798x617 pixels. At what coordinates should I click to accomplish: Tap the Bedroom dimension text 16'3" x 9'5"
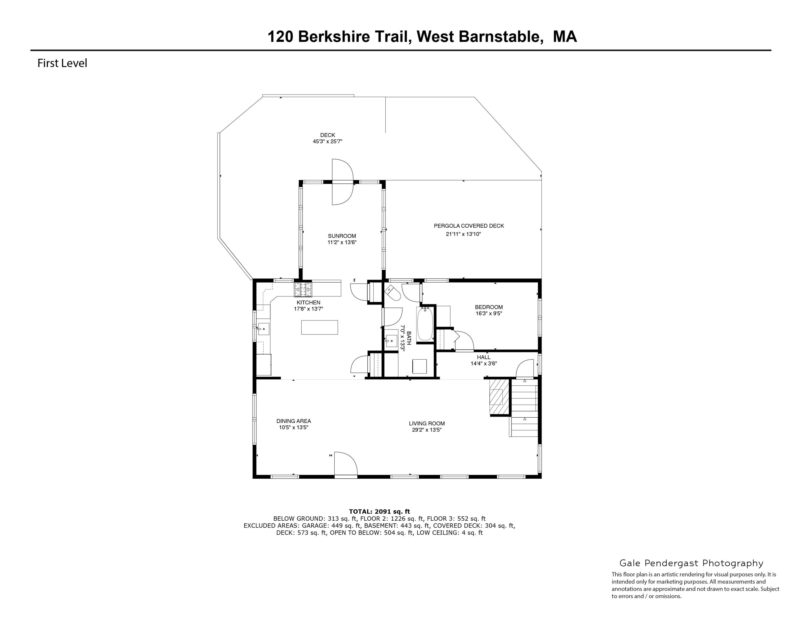tap(489, 313)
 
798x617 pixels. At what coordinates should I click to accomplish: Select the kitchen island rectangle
tap(319, 327)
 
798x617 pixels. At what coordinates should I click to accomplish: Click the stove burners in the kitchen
tap(303, 290)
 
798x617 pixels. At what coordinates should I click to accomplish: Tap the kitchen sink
tap(263, 329)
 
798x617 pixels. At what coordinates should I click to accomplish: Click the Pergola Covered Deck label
tap(469, 226)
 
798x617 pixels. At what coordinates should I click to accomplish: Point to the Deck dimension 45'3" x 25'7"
tap(327, 141)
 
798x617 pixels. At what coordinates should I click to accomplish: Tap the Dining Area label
tap(293, 421)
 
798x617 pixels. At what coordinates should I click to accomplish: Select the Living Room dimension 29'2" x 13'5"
tap(427, 430)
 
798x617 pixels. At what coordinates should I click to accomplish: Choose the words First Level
tap(63, 63)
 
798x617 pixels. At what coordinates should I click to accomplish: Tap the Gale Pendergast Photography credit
tap(691, 563)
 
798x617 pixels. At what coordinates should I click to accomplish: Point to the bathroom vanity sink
tap(391, 341)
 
